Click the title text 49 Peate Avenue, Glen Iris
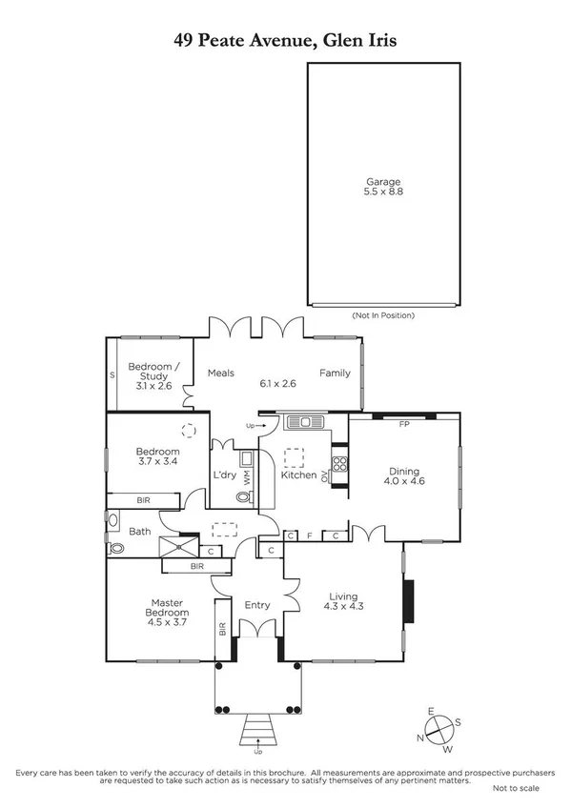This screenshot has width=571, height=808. [x=285, y=39]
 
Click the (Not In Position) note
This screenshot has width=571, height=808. [x=383, y=315]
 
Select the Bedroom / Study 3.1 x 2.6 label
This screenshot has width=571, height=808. [x=150, y=375]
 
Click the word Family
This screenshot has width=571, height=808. [x=335, y=374]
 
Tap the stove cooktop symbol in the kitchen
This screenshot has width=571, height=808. [x=339, y=465]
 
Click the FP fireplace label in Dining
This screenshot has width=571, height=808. [x=403, y=423]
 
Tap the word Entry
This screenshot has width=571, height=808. [x=257, y=605]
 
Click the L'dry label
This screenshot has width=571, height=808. [x=225, y=475]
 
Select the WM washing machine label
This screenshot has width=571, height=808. [x=246, y=477]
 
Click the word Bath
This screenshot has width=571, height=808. [x=140, y=532]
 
